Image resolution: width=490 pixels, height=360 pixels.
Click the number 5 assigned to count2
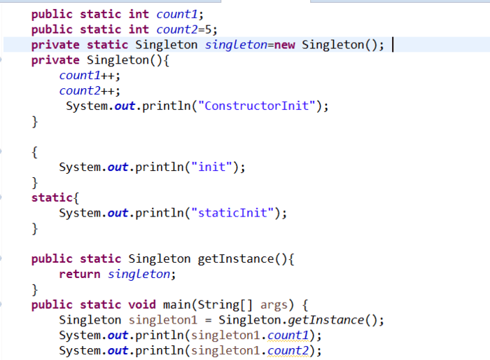(216, 29)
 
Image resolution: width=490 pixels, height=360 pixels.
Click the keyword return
(80, 274)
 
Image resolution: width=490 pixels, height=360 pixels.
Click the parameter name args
(274, 305)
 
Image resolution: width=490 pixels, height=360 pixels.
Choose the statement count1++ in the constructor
(90, 76)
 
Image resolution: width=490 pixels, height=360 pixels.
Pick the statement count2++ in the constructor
(90, 91)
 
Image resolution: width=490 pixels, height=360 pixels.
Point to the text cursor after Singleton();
(393, 45)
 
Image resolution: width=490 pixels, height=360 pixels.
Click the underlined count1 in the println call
(288, 335)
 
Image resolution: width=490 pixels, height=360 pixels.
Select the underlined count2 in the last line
(288, 351)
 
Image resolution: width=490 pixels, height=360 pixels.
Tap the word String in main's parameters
(219, 305)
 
